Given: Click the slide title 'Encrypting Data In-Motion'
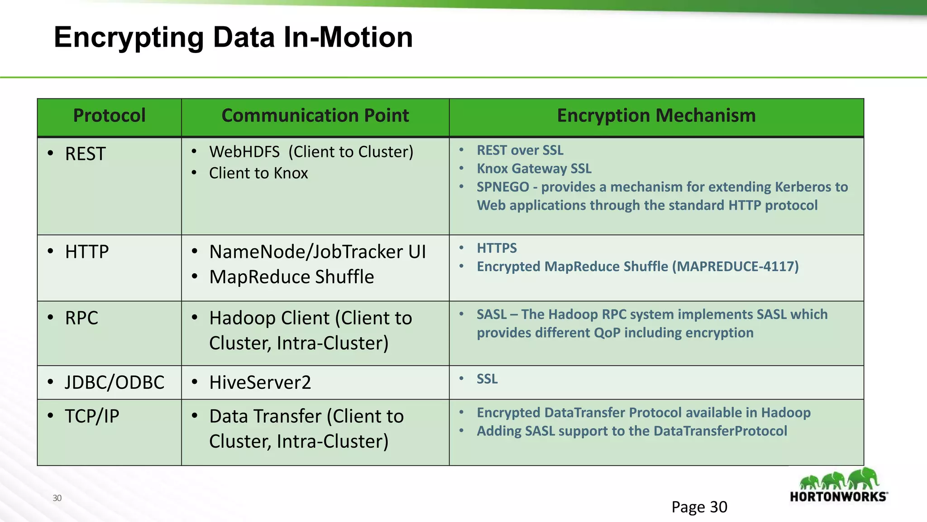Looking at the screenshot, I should coord(233,37).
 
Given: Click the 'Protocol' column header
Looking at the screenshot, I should coord(109,116).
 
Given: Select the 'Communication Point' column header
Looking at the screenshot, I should coord(315,116).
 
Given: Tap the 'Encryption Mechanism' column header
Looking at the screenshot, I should coord(656,116).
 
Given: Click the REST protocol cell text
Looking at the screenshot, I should coord(85,154).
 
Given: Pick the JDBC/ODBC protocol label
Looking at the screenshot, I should coord(115,382).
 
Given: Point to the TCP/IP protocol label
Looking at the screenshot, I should coord(92,416).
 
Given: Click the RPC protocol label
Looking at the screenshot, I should coord(81,318).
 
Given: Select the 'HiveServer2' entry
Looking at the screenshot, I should coord(260,382).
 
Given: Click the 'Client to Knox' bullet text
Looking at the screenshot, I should coord(258,173).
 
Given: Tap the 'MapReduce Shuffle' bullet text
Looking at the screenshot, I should coord(291,277).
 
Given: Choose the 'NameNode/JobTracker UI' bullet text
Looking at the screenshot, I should coord(317,252).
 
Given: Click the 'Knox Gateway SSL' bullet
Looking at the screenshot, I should coord(534,169).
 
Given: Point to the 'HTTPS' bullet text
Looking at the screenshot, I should coord(497,248).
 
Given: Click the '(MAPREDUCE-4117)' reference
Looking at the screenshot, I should coord(735,266).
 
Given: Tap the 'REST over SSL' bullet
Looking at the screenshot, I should coord(520,150).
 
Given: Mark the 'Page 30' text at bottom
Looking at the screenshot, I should coord(699,507).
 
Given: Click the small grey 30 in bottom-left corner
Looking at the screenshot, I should coord(57,498).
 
